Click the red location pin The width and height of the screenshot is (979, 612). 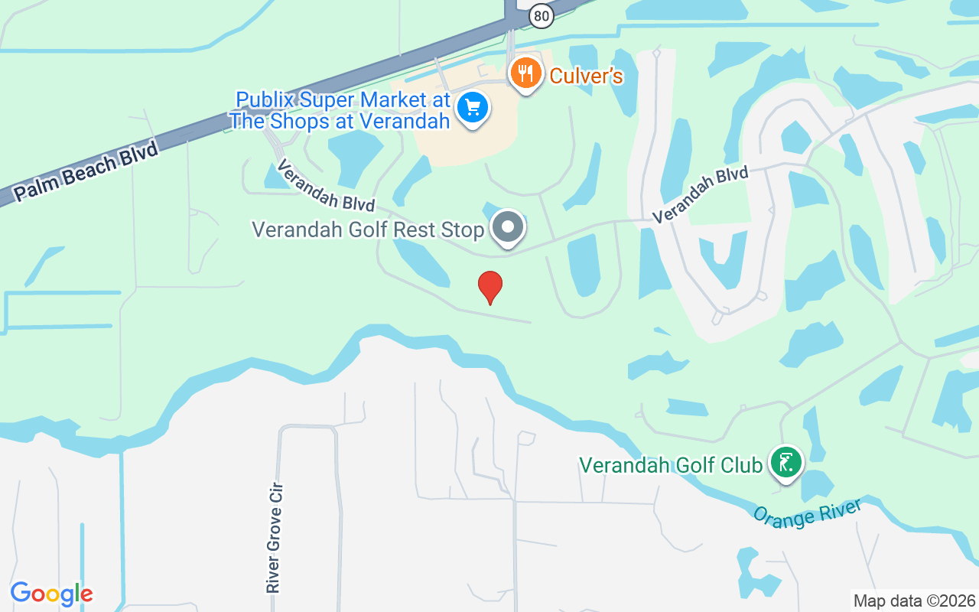(490, 287)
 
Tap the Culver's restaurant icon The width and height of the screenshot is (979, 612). (525, 73)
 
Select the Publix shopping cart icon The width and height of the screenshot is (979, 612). (473, 108)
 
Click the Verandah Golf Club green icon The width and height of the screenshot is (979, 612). (785, 462)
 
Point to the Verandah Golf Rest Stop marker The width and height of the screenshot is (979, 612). (507, 227)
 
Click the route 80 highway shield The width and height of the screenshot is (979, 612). (541, 15)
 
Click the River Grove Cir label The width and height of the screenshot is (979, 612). (274, 537)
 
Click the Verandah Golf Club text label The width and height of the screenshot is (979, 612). (671, 465)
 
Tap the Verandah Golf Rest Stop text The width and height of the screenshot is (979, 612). (368, 229)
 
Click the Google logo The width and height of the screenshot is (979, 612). (51, 594)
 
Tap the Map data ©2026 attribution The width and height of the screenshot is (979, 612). (914, 601)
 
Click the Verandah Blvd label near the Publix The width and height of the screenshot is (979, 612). (325, 185)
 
